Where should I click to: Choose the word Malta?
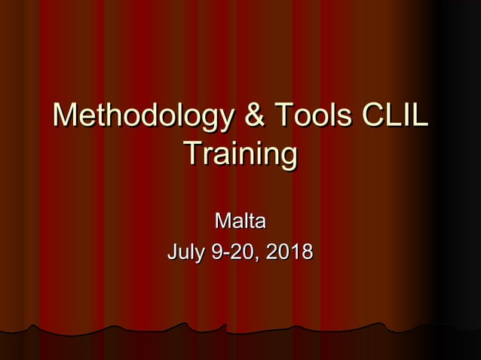pos(240,222)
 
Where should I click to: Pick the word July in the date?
pos(186,252)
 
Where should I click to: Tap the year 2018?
pos(290,252)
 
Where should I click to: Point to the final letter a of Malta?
pos(259,224)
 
